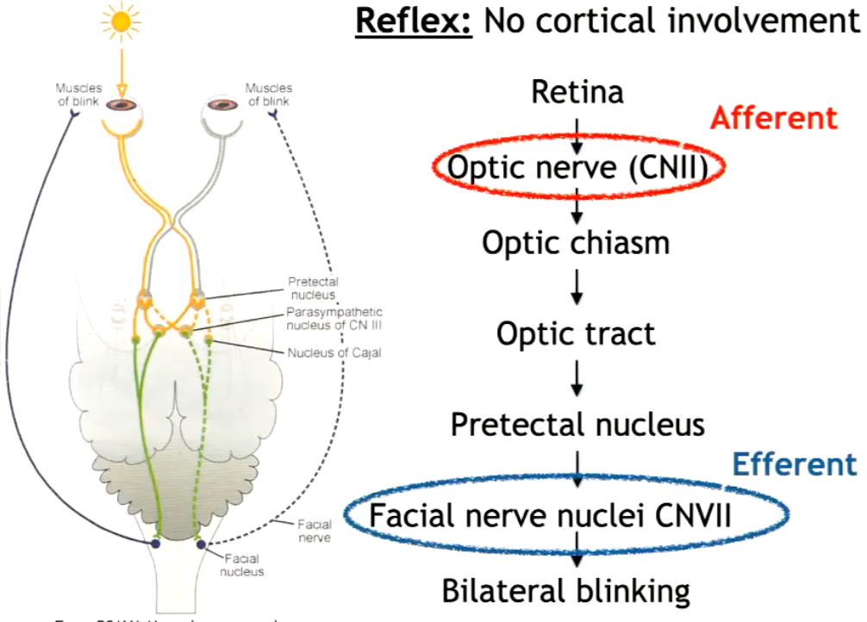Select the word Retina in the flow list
[577, 91]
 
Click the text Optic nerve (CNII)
[577, 168]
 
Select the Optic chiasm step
[576, 243]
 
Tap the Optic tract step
[576, 333]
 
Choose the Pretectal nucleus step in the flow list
[577, 425]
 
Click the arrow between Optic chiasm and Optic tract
[577, 288]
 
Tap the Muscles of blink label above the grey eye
[268, 94]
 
